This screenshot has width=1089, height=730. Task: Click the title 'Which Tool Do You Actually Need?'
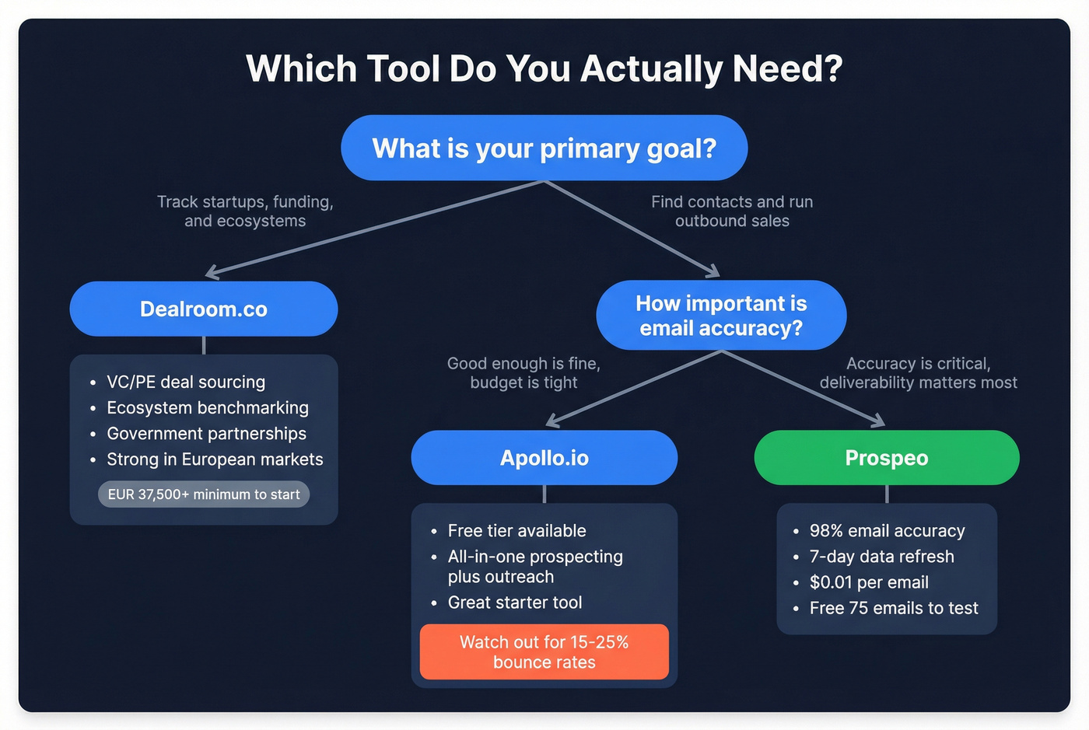click(544, 68)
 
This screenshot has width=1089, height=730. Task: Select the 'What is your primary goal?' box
click(544, 148)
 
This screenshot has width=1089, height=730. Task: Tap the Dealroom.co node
click(204, 309)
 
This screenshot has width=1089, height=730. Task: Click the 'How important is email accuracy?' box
click(721, 315)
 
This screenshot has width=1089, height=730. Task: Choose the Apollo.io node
click(544, 458)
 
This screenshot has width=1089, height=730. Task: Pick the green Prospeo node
click(887, 458)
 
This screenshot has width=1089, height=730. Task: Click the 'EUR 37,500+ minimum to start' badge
click(204, 494)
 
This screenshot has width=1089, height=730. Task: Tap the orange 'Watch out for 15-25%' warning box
click(544, 651)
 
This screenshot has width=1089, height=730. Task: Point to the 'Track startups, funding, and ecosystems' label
click(245, 211)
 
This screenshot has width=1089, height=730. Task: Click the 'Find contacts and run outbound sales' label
click(732, 211)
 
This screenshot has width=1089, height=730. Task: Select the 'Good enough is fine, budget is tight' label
click(523, 373)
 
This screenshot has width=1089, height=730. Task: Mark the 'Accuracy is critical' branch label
click(918, 373)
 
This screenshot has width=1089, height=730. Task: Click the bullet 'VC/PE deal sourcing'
click(186, 382)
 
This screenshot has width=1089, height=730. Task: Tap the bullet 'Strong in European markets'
click(215, 459)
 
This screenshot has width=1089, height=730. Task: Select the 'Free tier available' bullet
click(516, 531)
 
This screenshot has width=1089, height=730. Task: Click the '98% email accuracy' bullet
click(887, 531)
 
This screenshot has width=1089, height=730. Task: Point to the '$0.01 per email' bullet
click(869, 582)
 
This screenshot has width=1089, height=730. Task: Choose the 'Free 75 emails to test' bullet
click(894, 608)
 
